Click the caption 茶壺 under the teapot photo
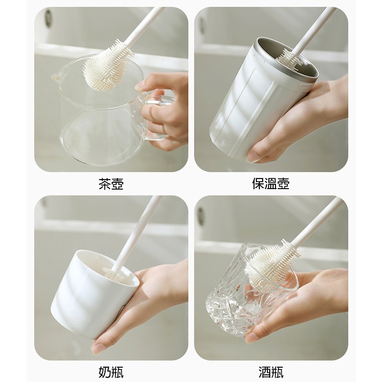coord(111,184)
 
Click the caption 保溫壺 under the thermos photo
coord(271,184)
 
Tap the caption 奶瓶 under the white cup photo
coord(111,372)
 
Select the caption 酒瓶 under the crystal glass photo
coord(271,372)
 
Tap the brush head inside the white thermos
coord(289,58)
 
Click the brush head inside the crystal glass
coord(270,265)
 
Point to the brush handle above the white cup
coord(138,229)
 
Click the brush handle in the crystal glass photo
coord(318,222)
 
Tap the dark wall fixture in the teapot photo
coord(48,18)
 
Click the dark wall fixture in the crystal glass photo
coord(201,216)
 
